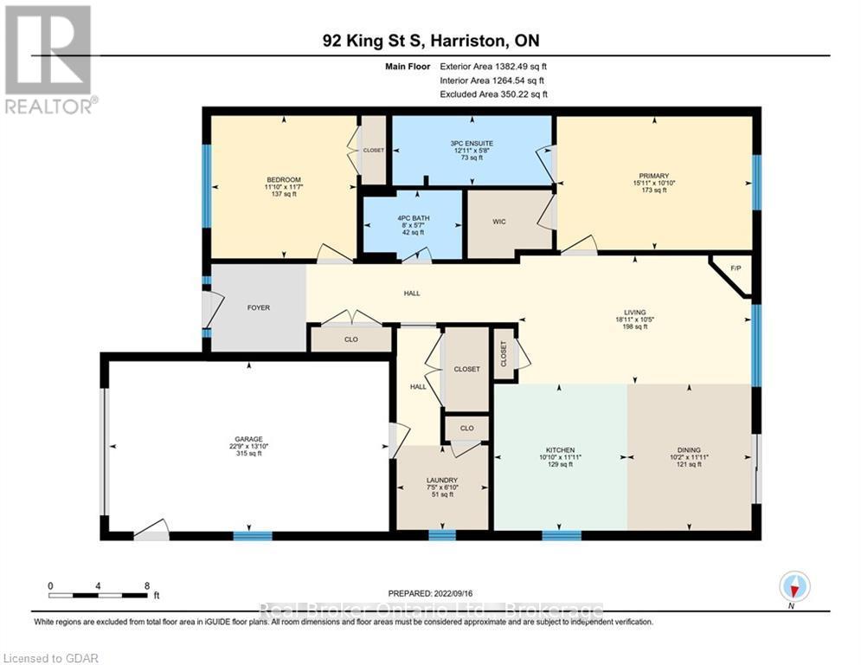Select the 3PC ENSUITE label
[x=472, y=143]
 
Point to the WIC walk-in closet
[x=499, y=223]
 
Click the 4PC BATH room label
[x=412, y=217]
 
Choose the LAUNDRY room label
[x=441, y=481]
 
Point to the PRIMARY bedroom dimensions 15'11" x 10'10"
[x=653, y=182]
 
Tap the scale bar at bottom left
[x=98, y=594]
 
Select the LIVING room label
[x=634, y=313]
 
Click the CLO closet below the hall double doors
[x=351, y=339]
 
